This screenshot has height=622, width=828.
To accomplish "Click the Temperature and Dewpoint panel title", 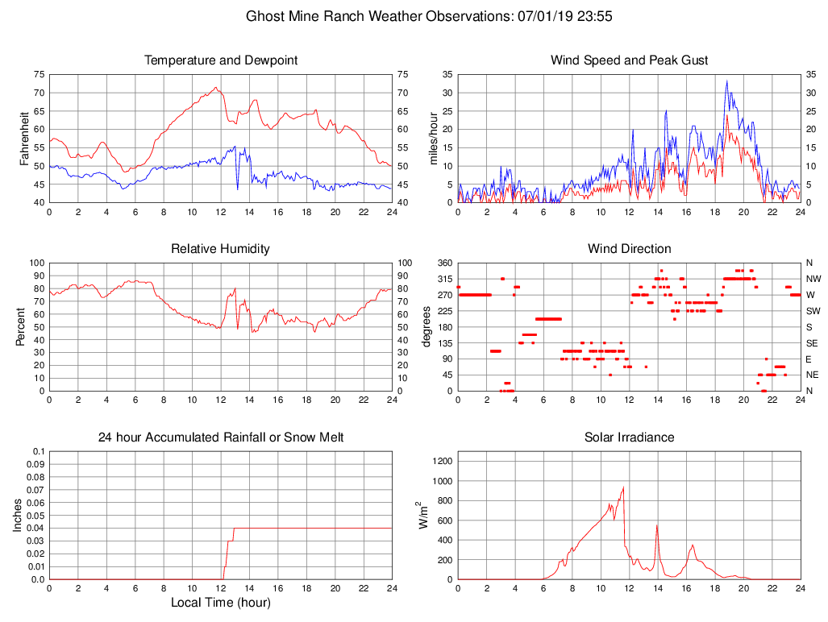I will (221, 60).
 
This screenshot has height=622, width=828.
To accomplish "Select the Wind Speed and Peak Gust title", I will (629, 60).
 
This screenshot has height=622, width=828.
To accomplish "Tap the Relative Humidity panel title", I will (221, 249).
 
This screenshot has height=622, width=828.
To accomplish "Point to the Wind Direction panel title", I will (629, 249).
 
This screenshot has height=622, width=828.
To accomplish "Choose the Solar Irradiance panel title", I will (629, 437).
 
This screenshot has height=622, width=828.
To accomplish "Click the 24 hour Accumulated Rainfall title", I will (221, 437).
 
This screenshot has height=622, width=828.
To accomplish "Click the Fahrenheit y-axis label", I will (24, 138).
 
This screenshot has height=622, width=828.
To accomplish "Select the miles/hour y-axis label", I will (433, 138).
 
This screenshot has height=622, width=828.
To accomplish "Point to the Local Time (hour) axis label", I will (221, 603).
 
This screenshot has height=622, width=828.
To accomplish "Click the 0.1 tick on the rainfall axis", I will (37, 451).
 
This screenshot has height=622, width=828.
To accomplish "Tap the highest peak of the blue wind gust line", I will (726, 81).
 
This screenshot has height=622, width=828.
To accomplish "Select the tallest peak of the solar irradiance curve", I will (623, 487).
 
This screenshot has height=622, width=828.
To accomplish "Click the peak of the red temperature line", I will (215, 87).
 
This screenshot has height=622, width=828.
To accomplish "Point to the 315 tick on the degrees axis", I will (444, 279).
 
